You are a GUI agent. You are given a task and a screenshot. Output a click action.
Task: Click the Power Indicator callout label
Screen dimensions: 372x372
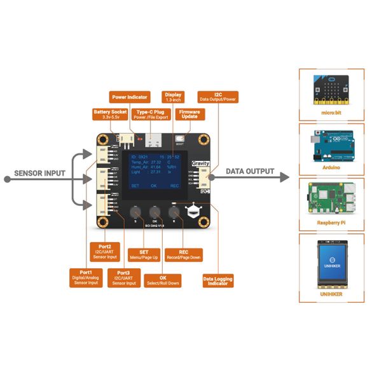click(x=130, y=97)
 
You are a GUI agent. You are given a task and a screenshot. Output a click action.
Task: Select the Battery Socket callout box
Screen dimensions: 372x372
click(x=106, y=115)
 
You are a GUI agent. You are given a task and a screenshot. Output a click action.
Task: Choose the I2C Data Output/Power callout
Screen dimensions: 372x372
click(x=218, y=97)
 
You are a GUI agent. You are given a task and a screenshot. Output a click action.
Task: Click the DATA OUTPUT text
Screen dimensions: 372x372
click(x=250, y=172)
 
